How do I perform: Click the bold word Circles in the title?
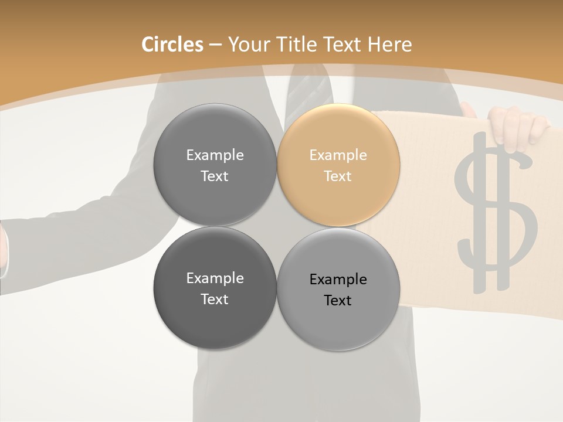[x=172, y=45]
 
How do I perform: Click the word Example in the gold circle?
[x=338, y=155]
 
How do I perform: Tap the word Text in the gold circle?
[x=338, y=176]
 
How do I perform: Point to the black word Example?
[x=338, y=279]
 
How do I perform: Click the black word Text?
[x=338, y=300]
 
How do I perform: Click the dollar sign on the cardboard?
[x=496, y=211]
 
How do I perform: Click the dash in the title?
[x=215, y=45]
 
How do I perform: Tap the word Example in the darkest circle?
[x=215, y=278]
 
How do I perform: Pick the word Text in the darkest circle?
[x=215, y=299]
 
